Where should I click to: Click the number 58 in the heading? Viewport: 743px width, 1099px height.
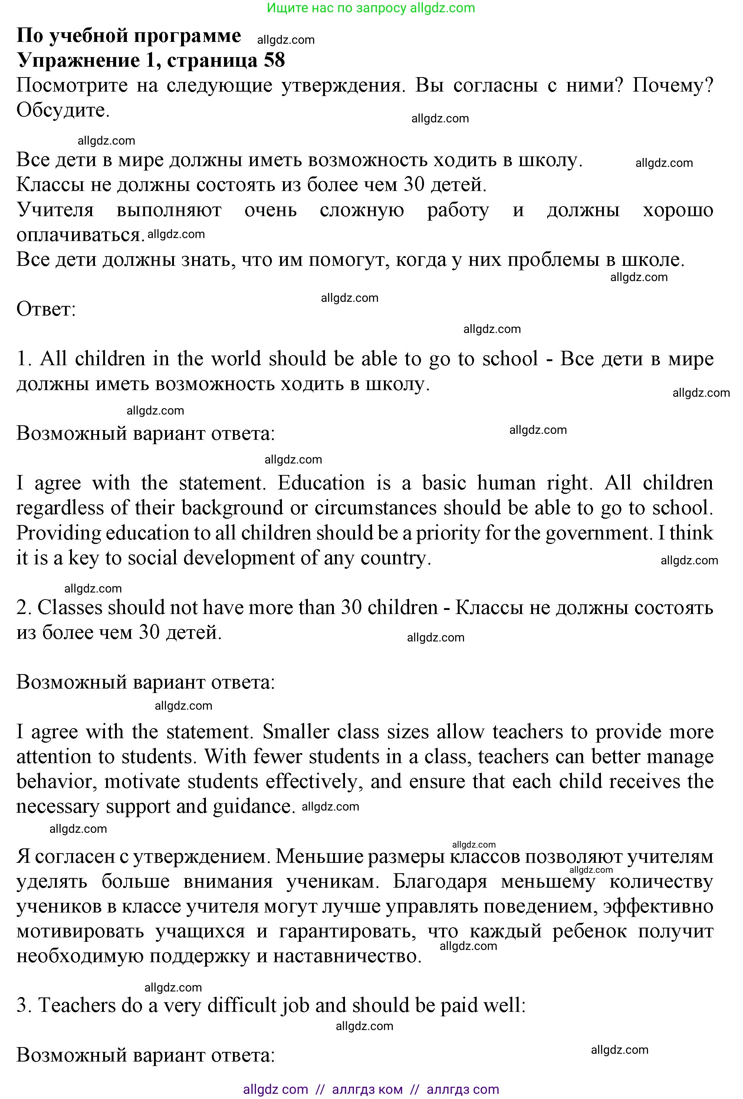pos(274,60)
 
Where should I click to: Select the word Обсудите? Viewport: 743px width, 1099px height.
pos(63,110)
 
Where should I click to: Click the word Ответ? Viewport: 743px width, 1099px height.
pos(46,309)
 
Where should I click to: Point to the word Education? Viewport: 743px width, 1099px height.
pos(321,483)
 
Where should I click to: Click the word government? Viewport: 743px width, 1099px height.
pos(597,533)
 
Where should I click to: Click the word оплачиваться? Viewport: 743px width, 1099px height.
pos(80,235)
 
